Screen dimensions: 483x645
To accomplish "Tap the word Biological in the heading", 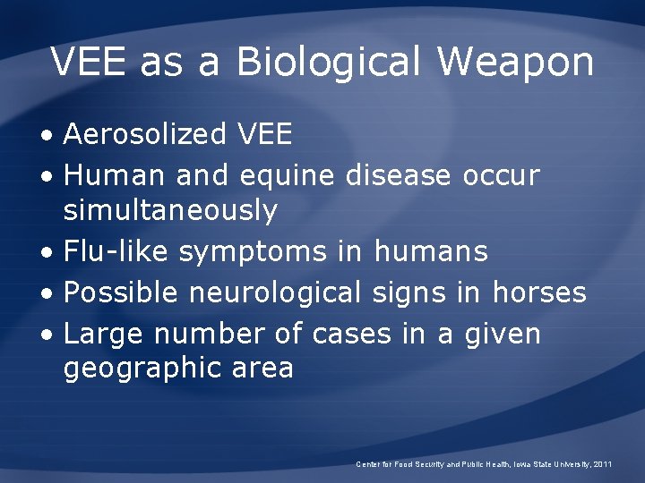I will [x=328, y=63].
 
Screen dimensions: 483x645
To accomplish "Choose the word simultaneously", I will [x=170, y=211].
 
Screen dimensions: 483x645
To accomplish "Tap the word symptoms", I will [x=253, y=253].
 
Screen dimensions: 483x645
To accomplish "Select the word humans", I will [x=431, y=251].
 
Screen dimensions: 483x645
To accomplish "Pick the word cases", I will [x=352, y=334].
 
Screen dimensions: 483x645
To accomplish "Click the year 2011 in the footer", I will [x=603, y=464].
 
